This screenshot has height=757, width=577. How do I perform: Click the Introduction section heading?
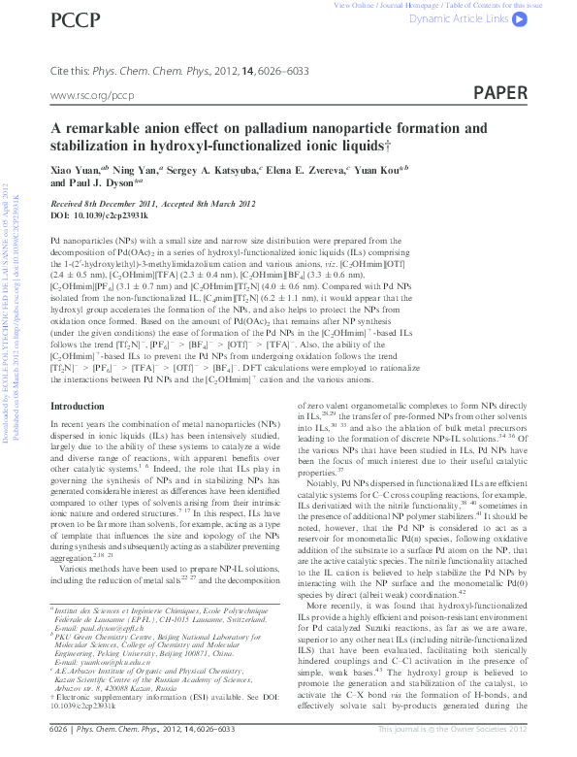[82, 433]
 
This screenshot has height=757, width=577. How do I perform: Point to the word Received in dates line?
[67, 203]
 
